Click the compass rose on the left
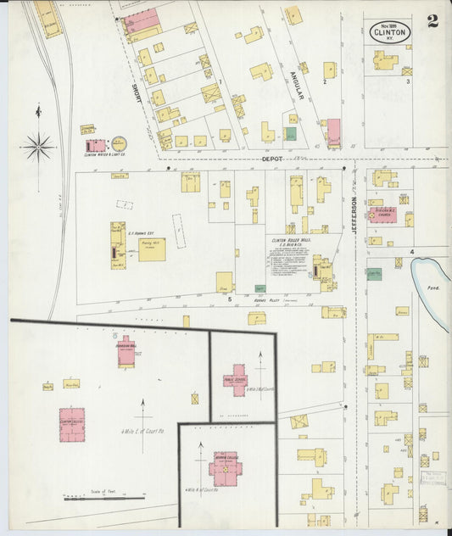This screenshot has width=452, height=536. click(38, 147)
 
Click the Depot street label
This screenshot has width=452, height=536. click(271, 159)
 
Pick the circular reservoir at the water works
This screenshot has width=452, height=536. click(119, 144)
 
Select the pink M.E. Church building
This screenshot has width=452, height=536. click(386, 215)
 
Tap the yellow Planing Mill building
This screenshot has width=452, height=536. click(152, 248)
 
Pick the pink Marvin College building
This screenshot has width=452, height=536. click(226, 467)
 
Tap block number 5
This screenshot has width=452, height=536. click(228, 299)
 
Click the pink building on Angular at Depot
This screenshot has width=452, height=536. click(333, 131)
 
